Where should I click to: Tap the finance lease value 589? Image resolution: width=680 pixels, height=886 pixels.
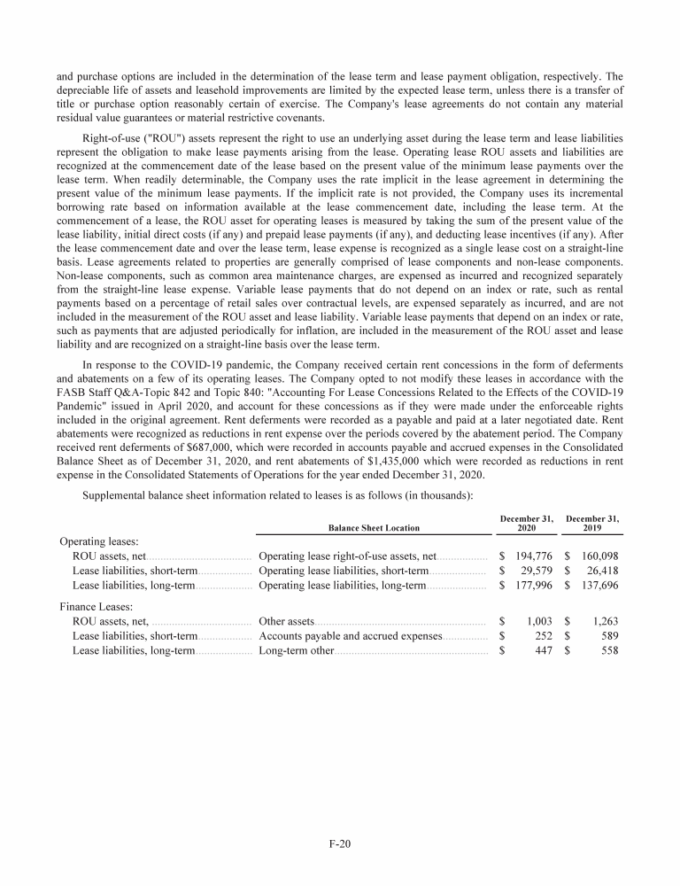click(609, 636)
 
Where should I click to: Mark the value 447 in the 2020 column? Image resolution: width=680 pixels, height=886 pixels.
click(545, 651)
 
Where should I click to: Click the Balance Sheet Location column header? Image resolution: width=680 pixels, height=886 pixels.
click(374, 528)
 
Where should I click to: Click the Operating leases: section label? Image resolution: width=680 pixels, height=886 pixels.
click(97, 540)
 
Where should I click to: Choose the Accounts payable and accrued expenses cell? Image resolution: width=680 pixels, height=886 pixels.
click(350, 636)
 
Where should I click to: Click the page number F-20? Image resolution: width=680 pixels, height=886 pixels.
click(340, 843)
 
